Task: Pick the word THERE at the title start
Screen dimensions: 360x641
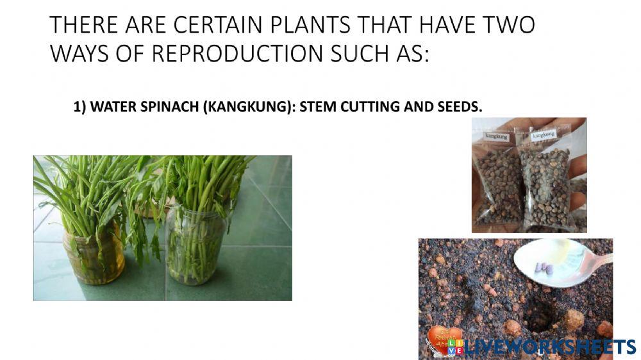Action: tap(80, 26)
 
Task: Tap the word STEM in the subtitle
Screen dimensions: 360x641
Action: tap(317, 107)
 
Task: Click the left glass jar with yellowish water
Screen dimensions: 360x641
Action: tap(93, 253)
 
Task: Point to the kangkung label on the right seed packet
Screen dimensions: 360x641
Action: tap(544, 135)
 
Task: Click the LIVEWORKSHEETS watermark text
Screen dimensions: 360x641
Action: tap(549, 347)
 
